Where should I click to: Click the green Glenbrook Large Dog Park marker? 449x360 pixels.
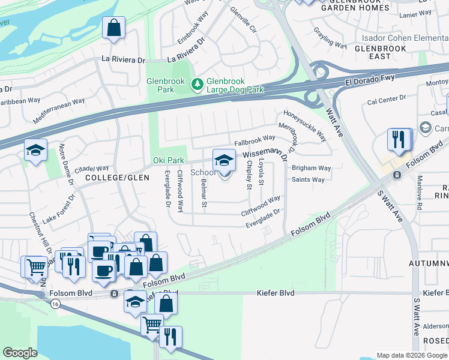[x=196, y=86]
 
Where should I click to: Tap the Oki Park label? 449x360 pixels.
[x=167, y=161]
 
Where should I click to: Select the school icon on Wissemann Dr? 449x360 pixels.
[x=224, y=160]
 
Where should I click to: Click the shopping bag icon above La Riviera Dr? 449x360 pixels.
[x=113, y=28]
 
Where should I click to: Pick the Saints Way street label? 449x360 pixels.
[x=308, y=179]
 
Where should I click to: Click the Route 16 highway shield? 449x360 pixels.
[x=55, y=304]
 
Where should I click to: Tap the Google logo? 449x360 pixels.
[x=20, y=353]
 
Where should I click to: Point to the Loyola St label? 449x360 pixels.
[x=261, y=172]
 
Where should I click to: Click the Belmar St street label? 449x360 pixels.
[x=204, y=194]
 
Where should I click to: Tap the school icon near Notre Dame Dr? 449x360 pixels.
[x=35, y=151]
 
